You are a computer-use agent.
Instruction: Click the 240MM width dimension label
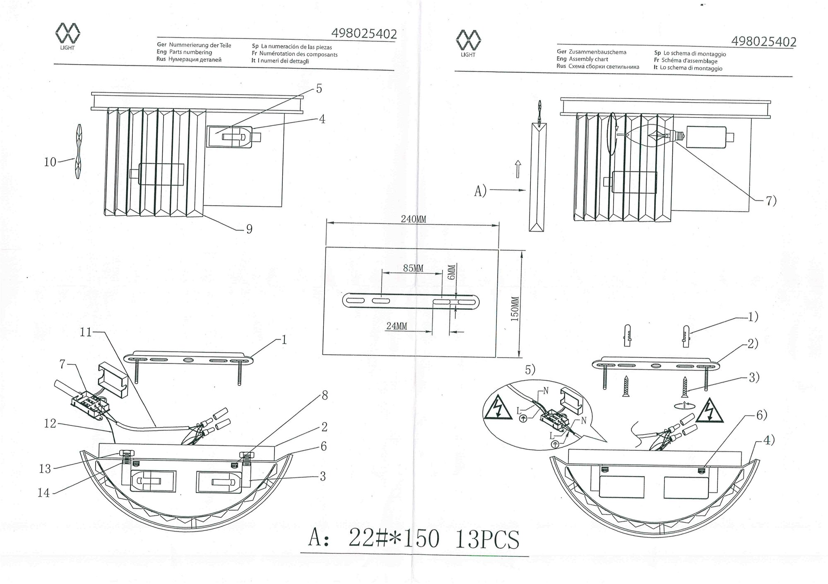point(413,219)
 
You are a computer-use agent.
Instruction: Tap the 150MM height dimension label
point(515,309)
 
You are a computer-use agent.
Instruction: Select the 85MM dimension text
point(413,268)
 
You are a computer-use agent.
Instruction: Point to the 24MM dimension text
point(397,326)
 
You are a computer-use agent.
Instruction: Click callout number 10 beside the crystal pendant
point(50,162)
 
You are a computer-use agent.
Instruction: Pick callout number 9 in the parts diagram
point(249,229)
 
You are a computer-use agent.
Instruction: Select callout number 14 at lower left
point(43,493)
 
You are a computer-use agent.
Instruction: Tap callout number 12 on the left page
point(50,423)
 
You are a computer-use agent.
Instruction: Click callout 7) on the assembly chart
point(771,201)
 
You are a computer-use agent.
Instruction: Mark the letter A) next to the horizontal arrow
point(480,191)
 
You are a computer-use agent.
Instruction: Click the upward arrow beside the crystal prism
point(517,169)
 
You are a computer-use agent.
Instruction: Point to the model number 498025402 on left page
point(364,34)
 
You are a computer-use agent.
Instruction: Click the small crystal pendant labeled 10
point(78,151)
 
